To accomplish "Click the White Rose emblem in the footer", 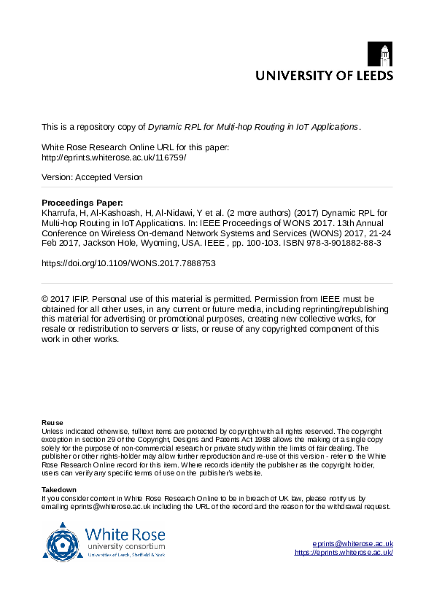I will click(x=64, y=541).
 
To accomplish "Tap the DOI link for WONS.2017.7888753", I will click(x=128, y=263).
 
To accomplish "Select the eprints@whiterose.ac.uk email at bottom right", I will click(x=353, y=543).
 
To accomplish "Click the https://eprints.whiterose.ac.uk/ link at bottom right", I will click(x=344, y=553).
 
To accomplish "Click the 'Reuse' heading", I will click(x=52, y=423).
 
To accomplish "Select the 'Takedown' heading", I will click(x=58, y=489).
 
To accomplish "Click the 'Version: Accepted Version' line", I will click(x=92, y=177).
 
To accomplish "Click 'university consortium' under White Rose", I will click(x=125, y=545).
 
